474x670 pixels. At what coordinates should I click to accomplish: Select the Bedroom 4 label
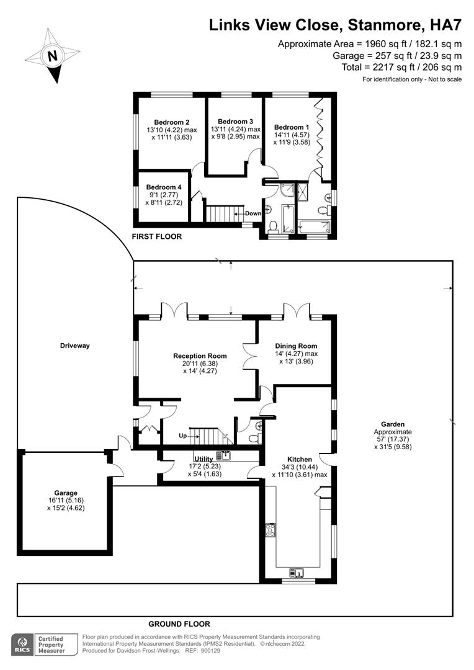[164, 187]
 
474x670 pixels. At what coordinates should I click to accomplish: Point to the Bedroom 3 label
[235, 121]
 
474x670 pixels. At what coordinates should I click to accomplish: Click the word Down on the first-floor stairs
[253, 213]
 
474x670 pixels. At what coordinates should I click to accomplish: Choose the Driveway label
[75, 346]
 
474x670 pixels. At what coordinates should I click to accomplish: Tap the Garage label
[65, 493]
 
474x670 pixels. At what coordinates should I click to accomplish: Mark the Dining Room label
[297, 346]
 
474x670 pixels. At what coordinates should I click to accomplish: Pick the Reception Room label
[200, 356]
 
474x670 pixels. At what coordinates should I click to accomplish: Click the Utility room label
[203, 458]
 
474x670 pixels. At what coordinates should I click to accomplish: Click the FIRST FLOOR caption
[156, 236]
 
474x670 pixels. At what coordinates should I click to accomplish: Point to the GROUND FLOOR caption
[179, 624]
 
